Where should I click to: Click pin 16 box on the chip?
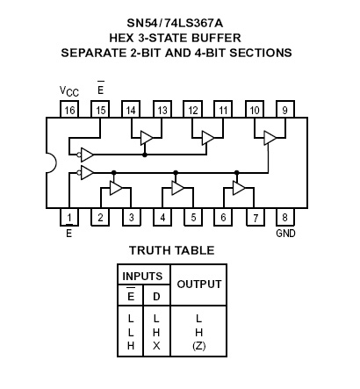pyautogui.click(x=69, y=109)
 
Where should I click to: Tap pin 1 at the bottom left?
pyautogui.click(x=69, y=217)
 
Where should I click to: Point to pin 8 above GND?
pyautogui.click(x=285, y=217)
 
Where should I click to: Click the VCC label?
pyautogui.click(x=69, y=91)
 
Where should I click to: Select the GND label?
pyautogui.click(x=285, y=234)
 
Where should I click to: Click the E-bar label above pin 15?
pyautogui.click(x=100, y=88)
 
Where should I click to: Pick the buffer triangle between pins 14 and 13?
pyautogui.click(x=147, y=138)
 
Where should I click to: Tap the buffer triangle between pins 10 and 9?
pyautogui.click(x=270, y=138)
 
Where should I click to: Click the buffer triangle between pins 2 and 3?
pyautogui.click(x=116, y=188)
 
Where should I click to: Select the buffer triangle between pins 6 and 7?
pyautogui.click(x=239, y=188)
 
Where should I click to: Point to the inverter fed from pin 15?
pyautogui.click(x=85, y=155)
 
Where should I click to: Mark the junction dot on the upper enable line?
pyautogui.click(x=144, y=155)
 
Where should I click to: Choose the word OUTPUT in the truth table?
pyautogui.click(x=199, y=285)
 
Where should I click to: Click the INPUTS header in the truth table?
pyautogui.click(x=142, y=276)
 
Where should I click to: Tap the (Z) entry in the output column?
pyautogui.click(x=199, y=346)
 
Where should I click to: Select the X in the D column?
pyautogui.click(x=156, y=346)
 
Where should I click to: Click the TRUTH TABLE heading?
pyautogui.click(x=172, y=250)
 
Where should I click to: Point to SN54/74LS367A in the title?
pyautogui.click(x=175, y=23)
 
